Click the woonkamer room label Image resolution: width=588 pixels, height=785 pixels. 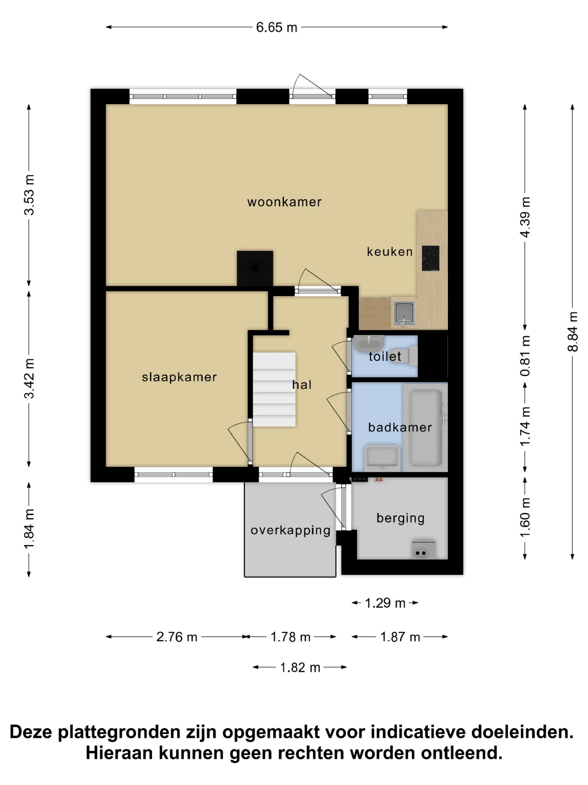tap(284, 202)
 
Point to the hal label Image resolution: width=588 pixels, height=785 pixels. tap(302, 384)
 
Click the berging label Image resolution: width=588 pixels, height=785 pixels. tap(400, 518)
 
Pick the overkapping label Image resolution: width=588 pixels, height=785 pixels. tap(290, 530)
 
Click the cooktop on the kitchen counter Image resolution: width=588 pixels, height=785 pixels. tap(431, 258)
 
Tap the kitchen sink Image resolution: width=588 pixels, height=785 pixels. tap(404, 313)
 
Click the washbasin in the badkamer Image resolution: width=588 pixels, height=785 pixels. tap(382, 458)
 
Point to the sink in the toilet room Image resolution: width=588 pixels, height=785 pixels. tap(369, 343)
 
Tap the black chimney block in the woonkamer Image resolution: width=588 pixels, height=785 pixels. tap(255, 268)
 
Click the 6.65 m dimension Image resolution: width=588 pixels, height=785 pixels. tap(276, 27)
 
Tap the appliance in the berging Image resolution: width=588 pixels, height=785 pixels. tap(424, 550)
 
